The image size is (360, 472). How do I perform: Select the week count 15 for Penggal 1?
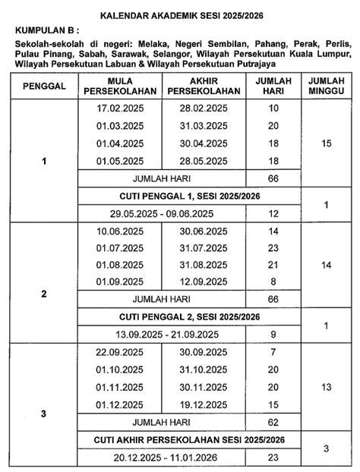point(326,143)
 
